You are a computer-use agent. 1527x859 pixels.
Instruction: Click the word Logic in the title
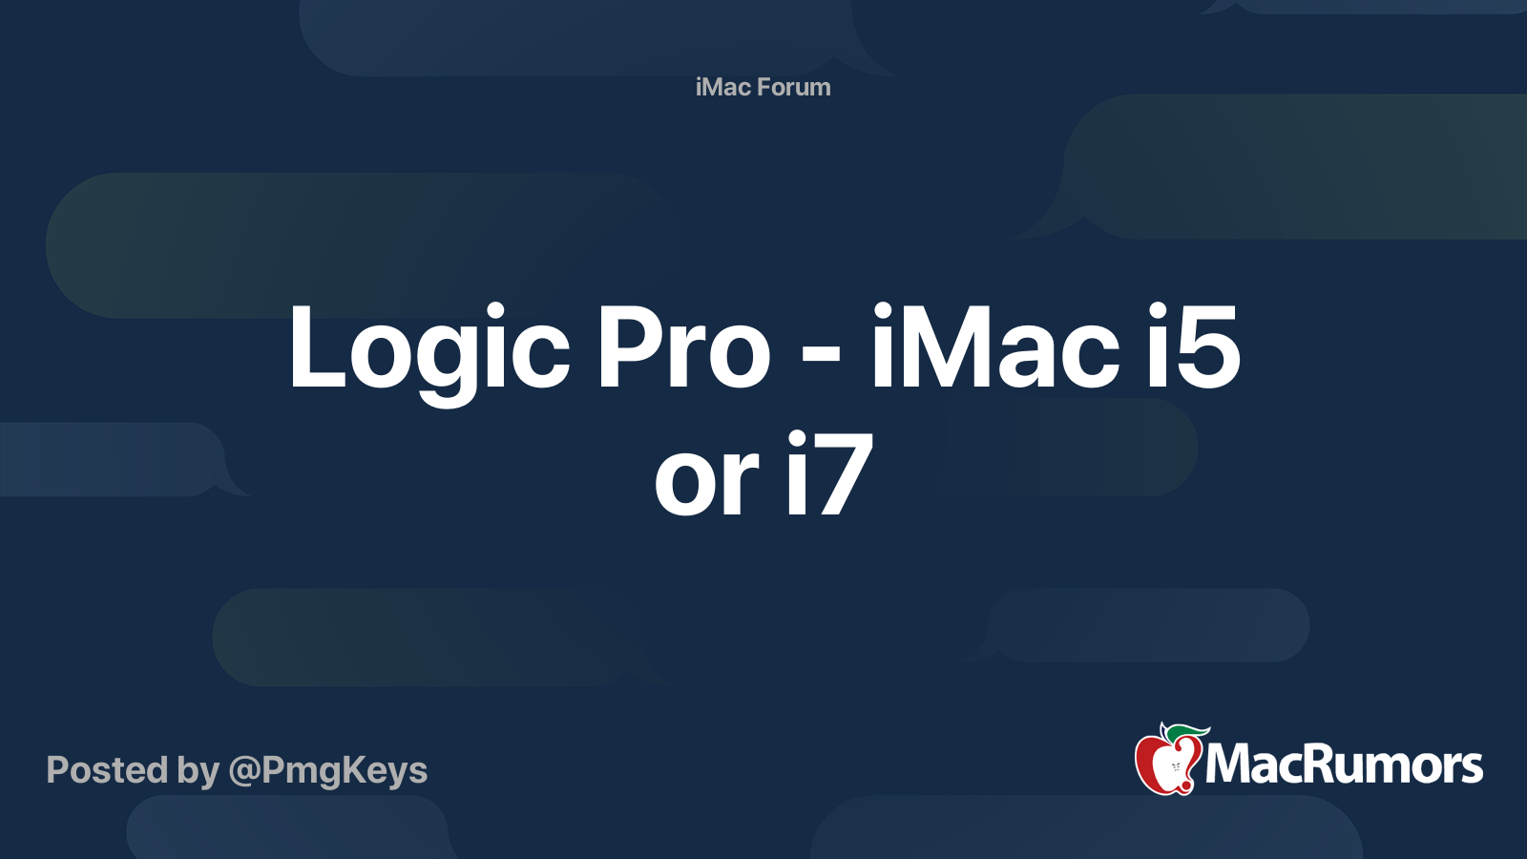(x=429, y=348)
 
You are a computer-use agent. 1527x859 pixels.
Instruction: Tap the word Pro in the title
(x=683, y=348)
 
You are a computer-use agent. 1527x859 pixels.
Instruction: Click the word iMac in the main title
(x=994, y=348)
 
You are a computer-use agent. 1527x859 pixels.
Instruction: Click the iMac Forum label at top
(x=763, y=87)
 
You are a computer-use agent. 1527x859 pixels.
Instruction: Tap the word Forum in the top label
(x=794, y=87)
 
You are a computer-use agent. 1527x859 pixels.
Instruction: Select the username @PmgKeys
(x=327, y=770)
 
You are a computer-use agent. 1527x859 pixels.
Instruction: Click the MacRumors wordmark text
(x=1344, y=765)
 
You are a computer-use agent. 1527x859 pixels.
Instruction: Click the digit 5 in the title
(x=1207, y=348)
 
